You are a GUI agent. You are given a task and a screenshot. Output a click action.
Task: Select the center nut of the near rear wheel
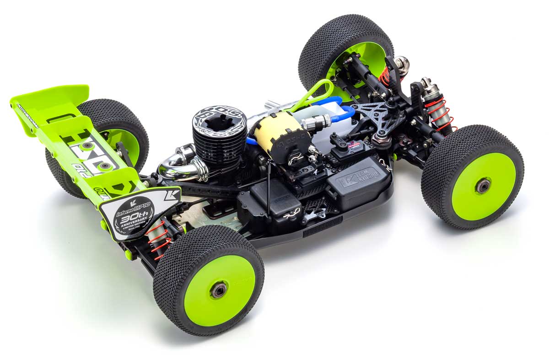coord(219,290)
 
